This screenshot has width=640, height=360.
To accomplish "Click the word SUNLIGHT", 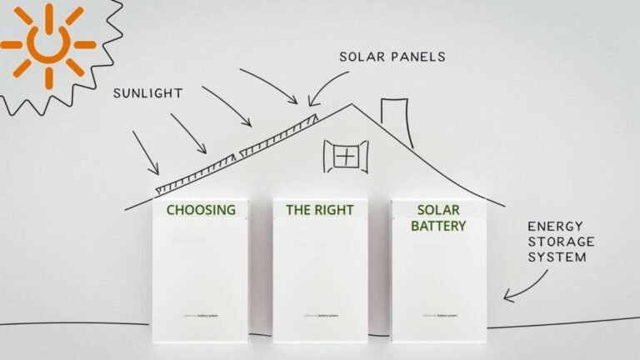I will point(147,93).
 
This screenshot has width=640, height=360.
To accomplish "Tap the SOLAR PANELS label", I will point(392,57).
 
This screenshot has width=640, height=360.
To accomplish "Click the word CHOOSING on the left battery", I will point(201,210).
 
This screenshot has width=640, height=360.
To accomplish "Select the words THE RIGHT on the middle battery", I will point(320,210).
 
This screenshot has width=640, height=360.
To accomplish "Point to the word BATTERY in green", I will point(438,226).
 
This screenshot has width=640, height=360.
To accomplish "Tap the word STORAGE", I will point(561,241).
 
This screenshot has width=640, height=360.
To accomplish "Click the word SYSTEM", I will point(557,257).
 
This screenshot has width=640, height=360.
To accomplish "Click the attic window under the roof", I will point(345,156).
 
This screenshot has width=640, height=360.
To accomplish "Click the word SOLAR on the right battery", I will point(438,210).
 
